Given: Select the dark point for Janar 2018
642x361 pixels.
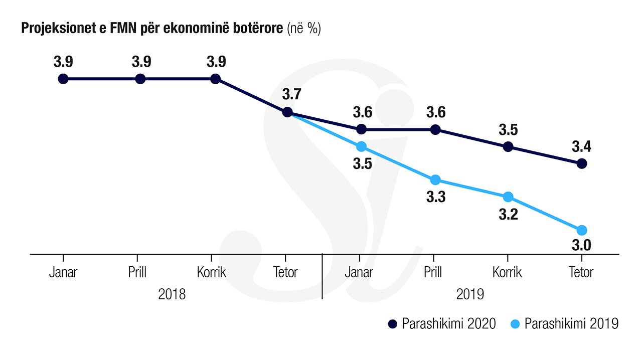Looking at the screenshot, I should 63,79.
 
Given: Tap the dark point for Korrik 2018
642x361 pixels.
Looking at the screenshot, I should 215,79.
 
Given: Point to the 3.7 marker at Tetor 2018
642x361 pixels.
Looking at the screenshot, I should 287,112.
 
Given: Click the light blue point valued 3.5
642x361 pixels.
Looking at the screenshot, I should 361,146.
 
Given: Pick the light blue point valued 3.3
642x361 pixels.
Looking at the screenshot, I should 435,180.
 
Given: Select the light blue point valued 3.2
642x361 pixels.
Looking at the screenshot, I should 508,197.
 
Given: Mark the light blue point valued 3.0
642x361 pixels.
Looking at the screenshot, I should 582,230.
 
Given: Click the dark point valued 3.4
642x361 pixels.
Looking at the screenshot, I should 582,163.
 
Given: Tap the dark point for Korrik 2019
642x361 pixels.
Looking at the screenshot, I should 508,146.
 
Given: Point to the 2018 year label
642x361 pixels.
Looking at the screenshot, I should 172,294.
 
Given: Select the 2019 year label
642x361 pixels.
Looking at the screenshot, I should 470,294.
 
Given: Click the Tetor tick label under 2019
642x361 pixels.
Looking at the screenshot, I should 581,272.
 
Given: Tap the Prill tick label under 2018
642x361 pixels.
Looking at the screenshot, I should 137,272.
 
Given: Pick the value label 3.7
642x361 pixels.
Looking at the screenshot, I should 292,94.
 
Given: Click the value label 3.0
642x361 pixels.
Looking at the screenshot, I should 582,246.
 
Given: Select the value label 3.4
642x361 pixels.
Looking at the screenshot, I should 582,147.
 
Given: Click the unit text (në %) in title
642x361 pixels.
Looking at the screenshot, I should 303,29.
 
